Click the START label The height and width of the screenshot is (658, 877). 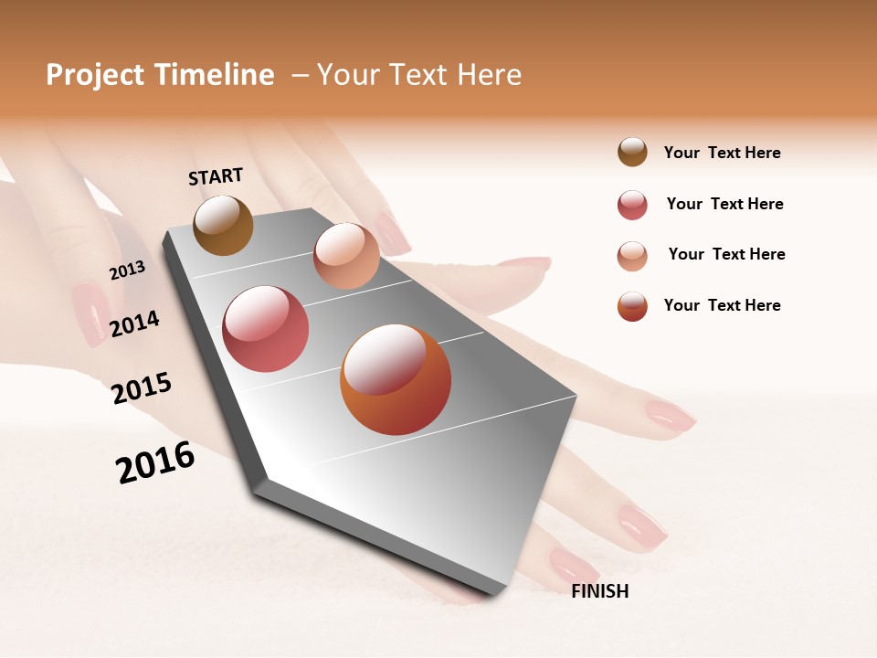pyautogui.click(x=216, y=176)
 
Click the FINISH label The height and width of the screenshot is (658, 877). pyautogui.click(x=599, y=591)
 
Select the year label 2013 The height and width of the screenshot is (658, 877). pyautogui.click(x=127, y=270)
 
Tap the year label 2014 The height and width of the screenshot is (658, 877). pyautogui.click(x=134, y=324)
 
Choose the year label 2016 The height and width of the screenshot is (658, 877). pyautogui.click(x=155, y=462)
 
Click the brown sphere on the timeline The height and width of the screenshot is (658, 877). pyautogui.click(x=223, y=225)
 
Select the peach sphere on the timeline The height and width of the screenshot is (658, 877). pyautogui.click(x=346, y=256)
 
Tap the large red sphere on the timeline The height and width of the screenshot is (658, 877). pyautogui.click(x=266, y=329)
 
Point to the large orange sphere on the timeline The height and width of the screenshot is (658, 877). pyautogui.click(x=396, y=379)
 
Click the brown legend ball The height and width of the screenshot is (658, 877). pyautogui.click(x=632, y=152)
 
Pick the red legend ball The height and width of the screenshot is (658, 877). pyautogui.click(x=632, y=205)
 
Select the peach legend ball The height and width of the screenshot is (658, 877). pyautogui.click(x=632, y=255)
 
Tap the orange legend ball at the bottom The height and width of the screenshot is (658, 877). pyautogui.click(x=632, y=306)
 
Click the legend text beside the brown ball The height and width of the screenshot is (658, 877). pyautogui.click(x=722, y=153)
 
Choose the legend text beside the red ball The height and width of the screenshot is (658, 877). pyautogui.click(x=724, y=204)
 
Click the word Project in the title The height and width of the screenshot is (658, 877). pyautogui.click(x=96, y=76)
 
